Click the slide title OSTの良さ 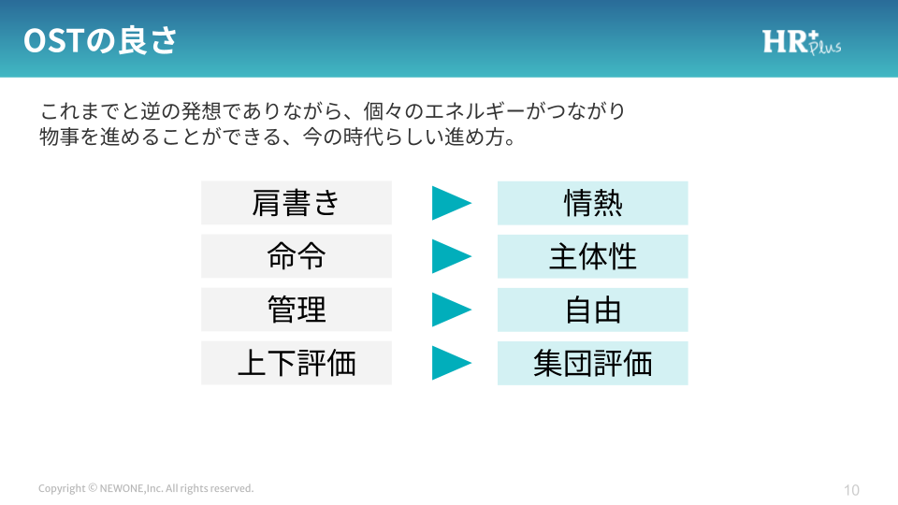pos(100,40)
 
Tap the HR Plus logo pos(802,42)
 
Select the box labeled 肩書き pos(297,203)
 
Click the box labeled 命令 pos(297,256)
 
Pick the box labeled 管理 pos(297,310)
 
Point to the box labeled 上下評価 pos(297,363)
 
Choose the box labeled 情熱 pos(593,203)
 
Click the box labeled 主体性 pos(593,256)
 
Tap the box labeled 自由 pos(593,310)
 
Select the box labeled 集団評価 pos(593,363)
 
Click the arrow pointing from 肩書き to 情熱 pos(451,203)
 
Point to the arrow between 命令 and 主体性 pos(451,256)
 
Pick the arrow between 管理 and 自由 pos(451,310)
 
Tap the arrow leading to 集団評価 pos(451,363)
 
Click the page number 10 pos(851,490)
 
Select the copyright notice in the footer pos(146,488)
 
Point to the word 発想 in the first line pos(201,110)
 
